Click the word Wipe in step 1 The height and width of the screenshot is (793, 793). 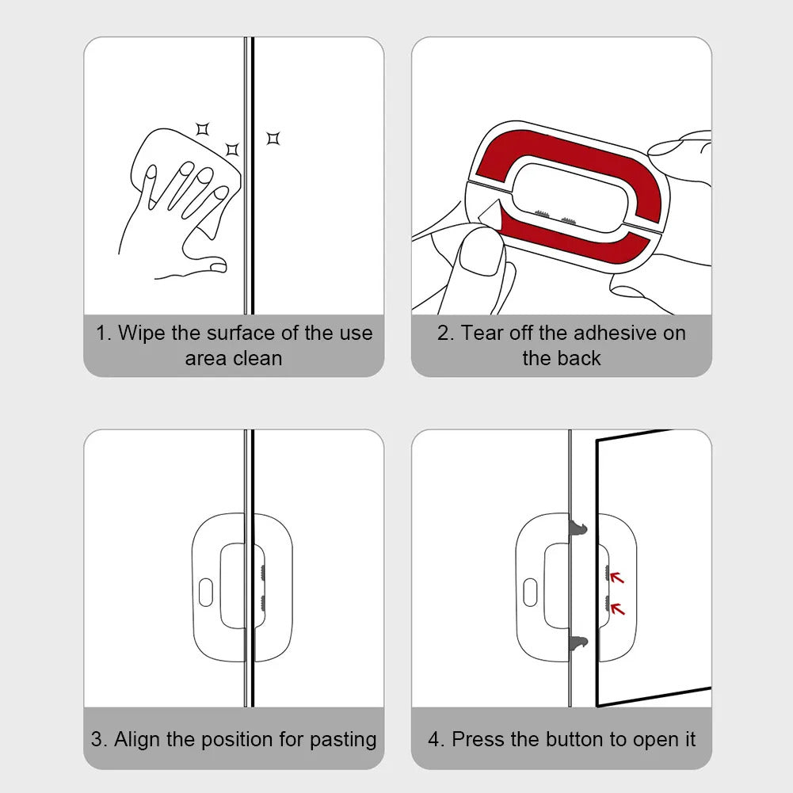coord(138,333)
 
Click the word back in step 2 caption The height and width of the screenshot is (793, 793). coord(583,358)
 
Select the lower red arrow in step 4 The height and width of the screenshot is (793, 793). coord(617,608)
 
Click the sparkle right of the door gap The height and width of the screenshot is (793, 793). coord(273,139)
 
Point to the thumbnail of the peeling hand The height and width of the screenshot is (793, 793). coord(482,257)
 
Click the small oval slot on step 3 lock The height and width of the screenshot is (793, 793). coord(205,592)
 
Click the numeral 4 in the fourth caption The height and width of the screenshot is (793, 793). coord(434,740)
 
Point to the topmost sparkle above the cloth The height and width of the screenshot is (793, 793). coord(203,128)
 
